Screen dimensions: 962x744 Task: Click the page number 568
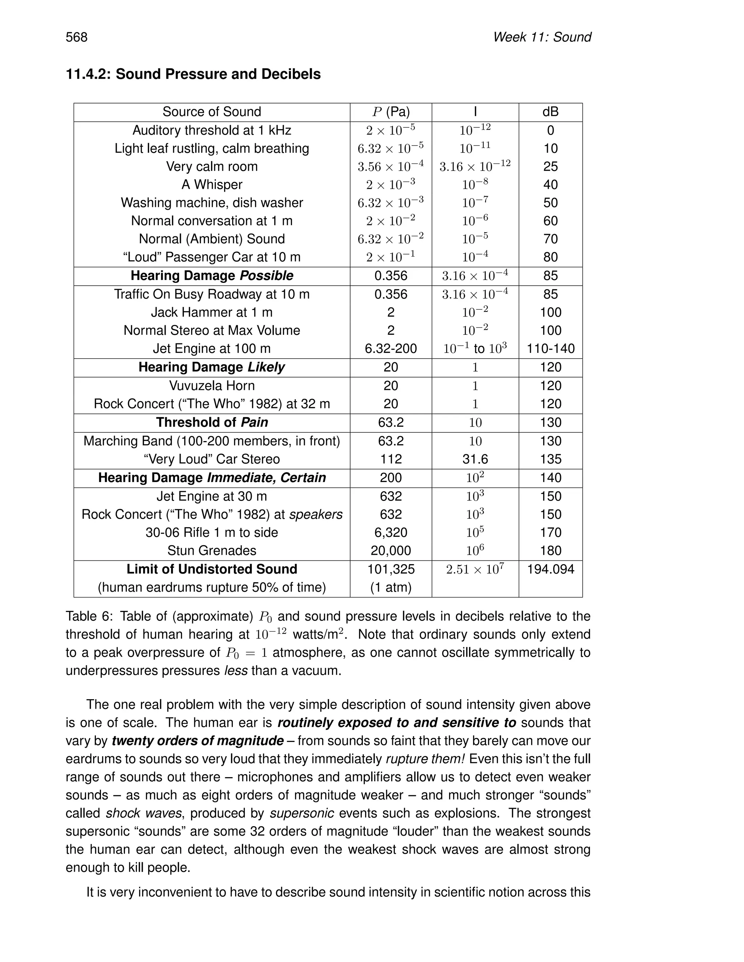(77, 37)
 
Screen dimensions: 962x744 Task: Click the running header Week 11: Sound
(542, 37)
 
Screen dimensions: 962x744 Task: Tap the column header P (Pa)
(391, 112)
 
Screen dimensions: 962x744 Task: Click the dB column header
(550, 112)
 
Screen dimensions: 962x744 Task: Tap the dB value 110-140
(550, 349)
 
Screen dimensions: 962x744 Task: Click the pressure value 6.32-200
(391, 349)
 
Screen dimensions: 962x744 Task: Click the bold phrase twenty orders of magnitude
(198, 741)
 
